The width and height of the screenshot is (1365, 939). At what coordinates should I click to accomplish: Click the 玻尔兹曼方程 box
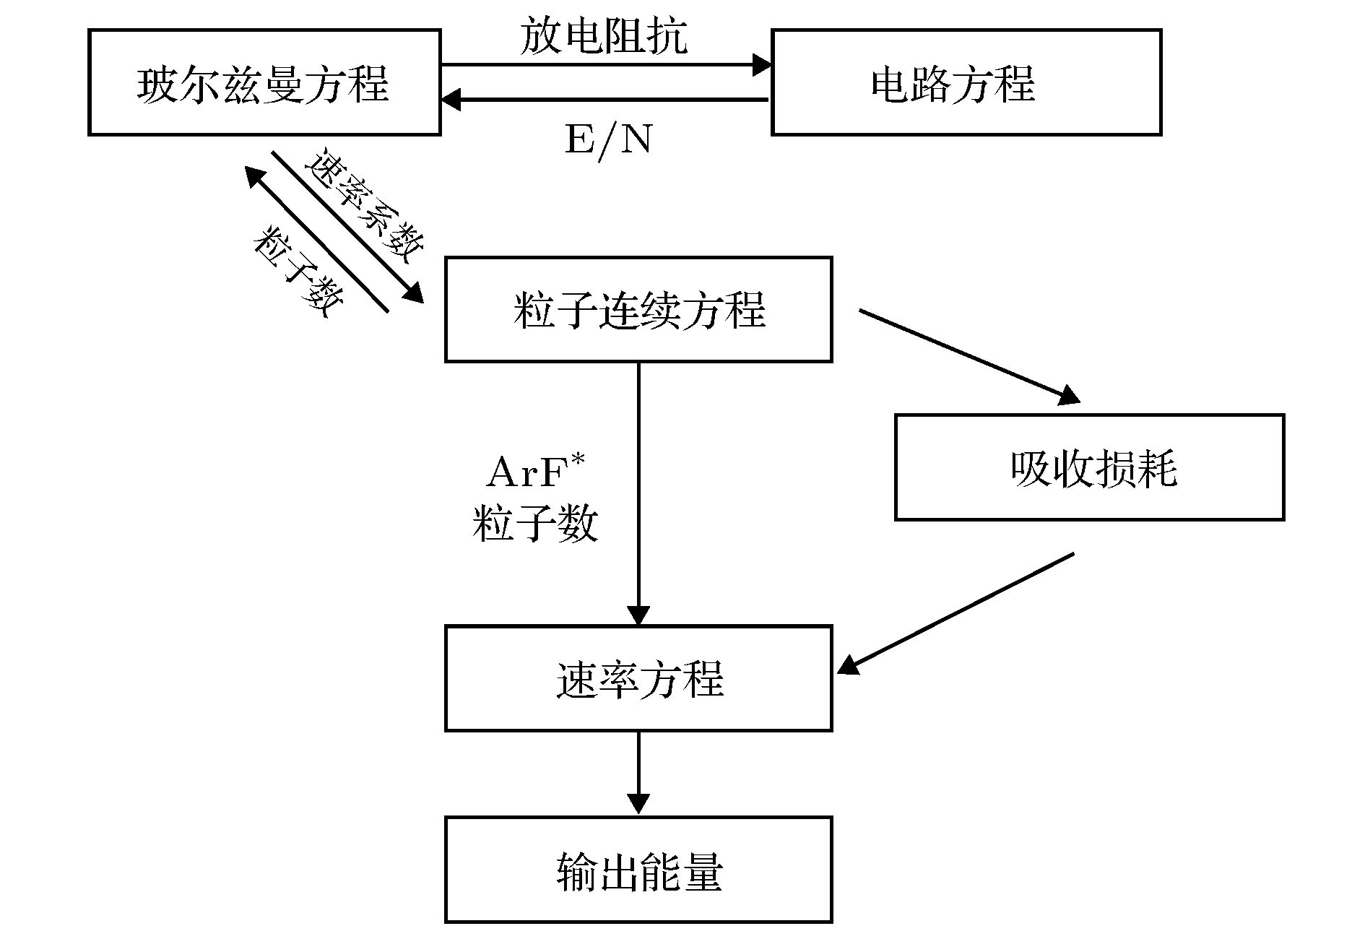point(264,82)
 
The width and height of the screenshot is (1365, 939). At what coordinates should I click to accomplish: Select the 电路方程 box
point(966,82)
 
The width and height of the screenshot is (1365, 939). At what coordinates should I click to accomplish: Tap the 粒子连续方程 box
point(638,309)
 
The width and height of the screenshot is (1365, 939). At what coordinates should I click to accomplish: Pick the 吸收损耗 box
point(1089,467)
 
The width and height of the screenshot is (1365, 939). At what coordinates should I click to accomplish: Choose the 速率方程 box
point(638,678)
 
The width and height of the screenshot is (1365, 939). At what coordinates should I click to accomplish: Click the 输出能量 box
point(638,870)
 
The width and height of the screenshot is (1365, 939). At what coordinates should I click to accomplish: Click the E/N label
point(608,139)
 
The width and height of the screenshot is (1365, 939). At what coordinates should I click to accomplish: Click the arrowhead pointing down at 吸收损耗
point(1069,395)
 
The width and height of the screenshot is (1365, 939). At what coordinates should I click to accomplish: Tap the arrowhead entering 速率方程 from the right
point(848,665)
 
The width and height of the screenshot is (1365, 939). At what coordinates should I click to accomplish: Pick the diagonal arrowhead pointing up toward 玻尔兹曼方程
point(255,176)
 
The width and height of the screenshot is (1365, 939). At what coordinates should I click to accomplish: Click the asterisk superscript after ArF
point(578,460)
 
